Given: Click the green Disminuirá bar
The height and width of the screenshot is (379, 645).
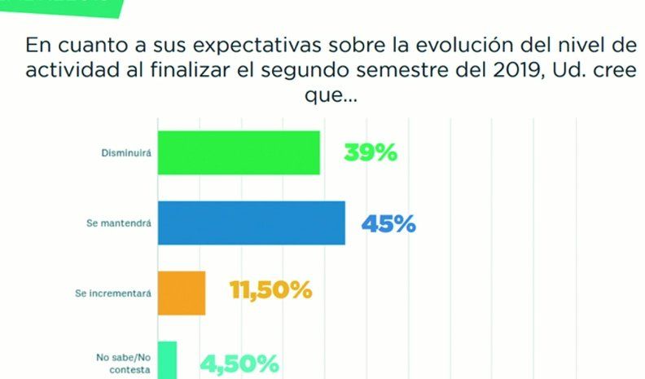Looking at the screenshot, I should click(x=238, y=152).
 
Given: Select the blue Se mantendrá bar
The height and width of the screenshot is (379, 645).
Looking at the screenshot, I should click(x=250, y=223).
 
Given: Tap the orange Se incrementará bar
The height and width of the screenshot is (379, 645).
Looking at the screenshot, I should click(x=181, y=292).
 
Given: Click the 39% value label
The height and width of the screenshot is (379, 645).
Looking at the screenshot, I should click(x=371, y=152).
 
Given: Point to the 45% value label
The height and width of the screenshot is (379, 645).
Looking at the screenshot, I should click(x=388, y=223).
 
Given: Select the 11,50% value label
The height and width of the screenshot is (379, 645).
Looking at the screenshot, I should click(x=271, y=290).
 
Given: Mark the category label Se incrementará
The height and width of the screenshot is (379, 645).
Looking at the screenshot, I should click(x=119, y=291).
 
